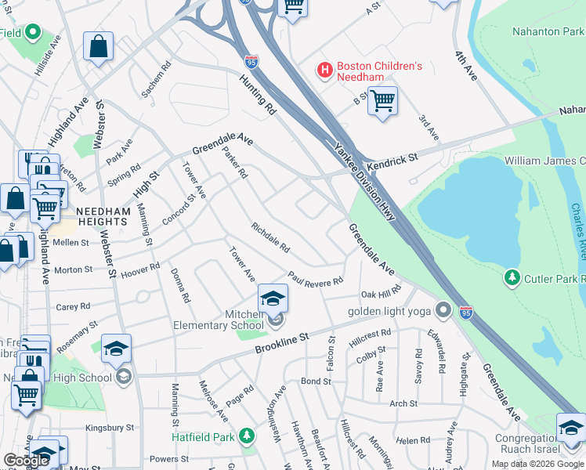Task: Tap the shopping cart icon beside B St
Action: coord(382,101)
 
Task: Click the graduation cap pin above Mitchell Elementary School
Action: coord(273,298)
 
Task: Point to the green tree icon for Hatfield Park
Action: coord(248,435)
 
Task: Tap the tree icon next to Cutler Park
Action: coord(512,278)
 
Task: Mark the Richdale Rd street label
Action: coord(270,238)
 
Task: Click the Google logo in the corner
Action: coord(26,461)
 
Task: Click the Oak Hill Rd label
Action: coord(380,293)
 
